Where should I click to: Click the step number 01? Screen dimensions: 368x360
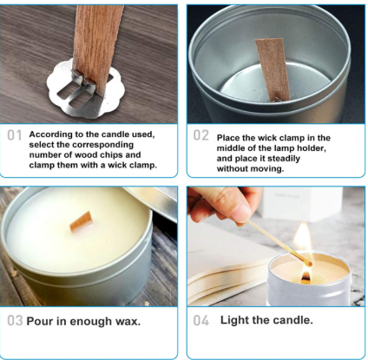click(15, 135)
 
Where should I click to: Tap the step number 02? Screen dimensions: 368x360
click(200, 135)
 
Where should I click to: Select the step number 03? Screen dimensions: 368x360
click(15, 321)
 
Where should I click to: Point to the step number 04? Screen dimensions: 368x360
click(201, 321)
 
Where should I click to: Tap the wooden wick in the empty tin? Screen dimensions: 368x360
click(273, 70)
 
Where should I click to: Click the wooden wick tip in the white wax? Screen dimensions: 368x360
click(82, 221)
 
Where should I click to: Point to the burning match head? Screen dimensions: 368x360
click(309, 263)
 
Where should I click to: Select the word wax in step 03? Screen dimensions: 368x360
click(128, 322)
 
